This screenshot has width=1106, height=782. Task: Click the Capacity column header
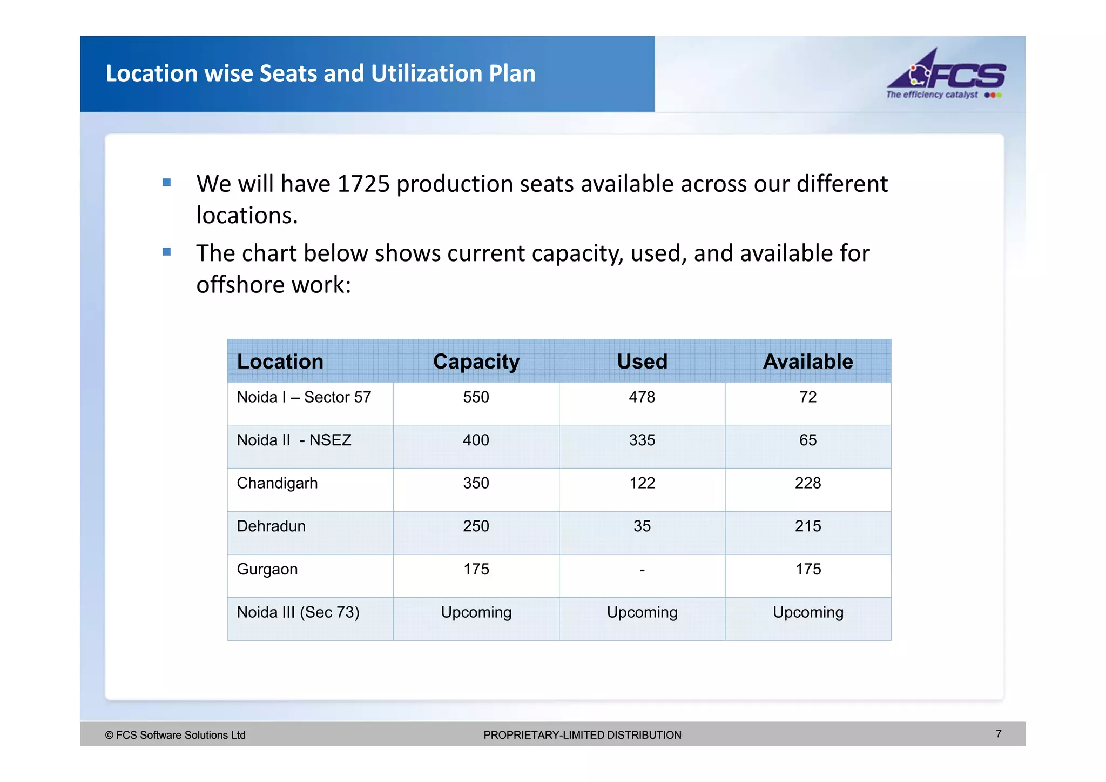pyautogui.click(x=476, y=362)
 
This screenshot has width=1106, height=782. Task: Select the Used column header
pyautogui.click(x=642, y=362)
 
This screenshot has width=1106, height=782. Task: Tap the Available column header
pyautogui.click(x=807, y=362)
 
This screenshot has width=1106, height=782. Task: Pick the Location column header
pyautogui.click(x=280, y=362)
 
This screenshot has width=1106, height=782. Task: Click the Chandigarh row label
pyautogui.click(x=277, y=483)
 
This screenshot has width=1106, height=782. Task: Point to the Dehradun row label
pyautogui.click(x=271, y=526)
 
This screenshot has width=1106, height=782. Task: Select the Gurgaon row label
pyautogui.click(x=267, y=570)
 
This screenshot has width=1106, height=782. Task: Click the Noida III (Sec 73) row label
pyautogui.click(x=298, y=612)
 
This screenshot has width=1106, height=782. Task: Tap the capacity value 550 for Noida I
pyautogui.click(x=476, y=397)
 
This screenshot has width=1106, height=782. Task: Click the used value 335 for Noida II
pyautogui.click(x=642, y=440)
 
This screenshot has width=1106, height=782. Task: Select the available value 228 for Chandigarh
pyautogui.click(x=807, y=483)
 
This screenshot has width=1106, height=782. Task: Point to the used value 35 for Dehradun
pyautogui.click(x=642, y=526)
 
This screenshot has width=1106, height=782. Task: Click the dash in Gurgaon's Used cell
pyautogui.click(x=642, y=570)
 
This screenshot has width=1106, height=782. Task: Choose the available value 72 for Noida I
pyautogui.click(x=807, y=397)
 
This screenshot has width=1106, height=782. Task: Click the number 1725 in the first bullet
pyautogui.click(x=363, y=184)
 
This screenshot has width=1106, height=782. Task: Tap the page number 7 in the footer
pyautogui.click(x=999, y=734)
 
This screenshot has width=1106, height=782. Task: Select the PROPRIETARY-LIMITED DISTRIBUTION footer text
pyautogui.click(x=582, y=735)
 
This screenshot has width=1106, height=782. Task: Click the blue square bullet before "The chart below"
pyautogui.click(x=167, y=252)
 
